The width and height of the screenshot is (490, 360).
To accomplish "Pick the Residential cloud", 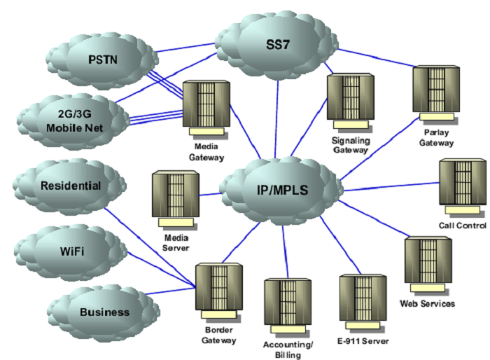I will pos(70,186).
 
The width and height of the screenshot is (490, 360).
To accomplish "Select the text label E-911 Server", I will pos(361,340).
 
